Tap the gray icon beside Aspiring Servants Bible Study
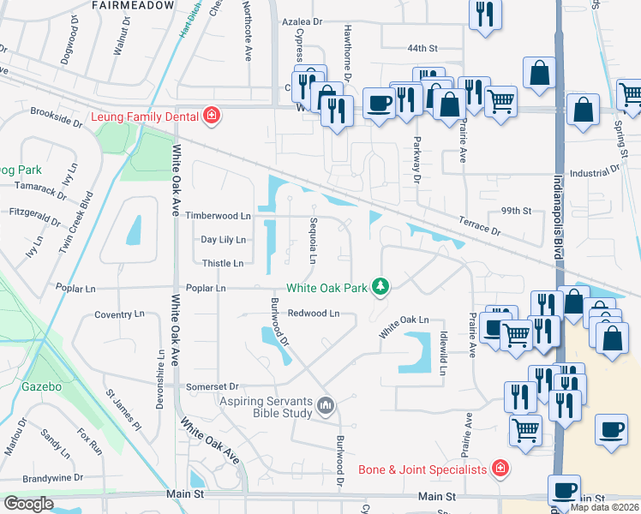[x=326, y=405]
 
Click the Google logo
[x=28, y=504]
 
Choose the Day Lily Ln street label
[x=223, y=240]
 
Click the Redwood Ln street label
[x=315, y=314]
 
